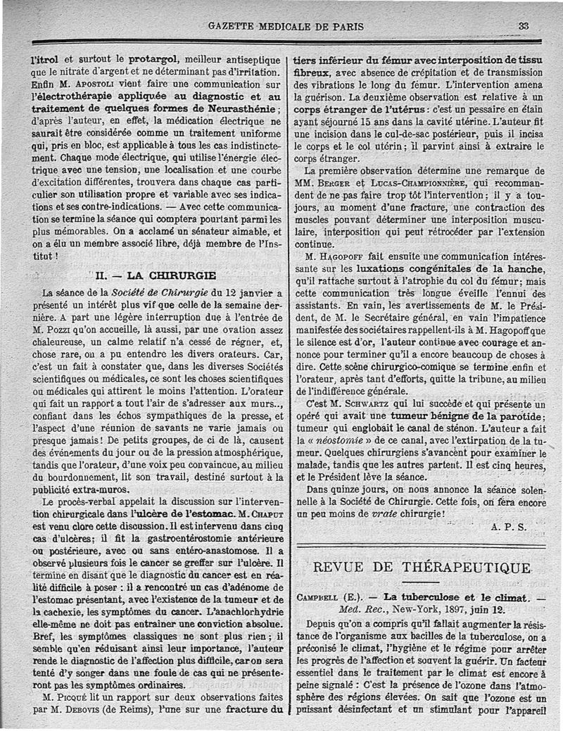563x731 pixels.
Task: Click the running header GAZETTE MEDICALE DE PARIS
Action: [286, 27]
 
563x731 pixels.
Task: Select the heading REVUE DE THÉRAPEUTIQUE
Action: [422, 568]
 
